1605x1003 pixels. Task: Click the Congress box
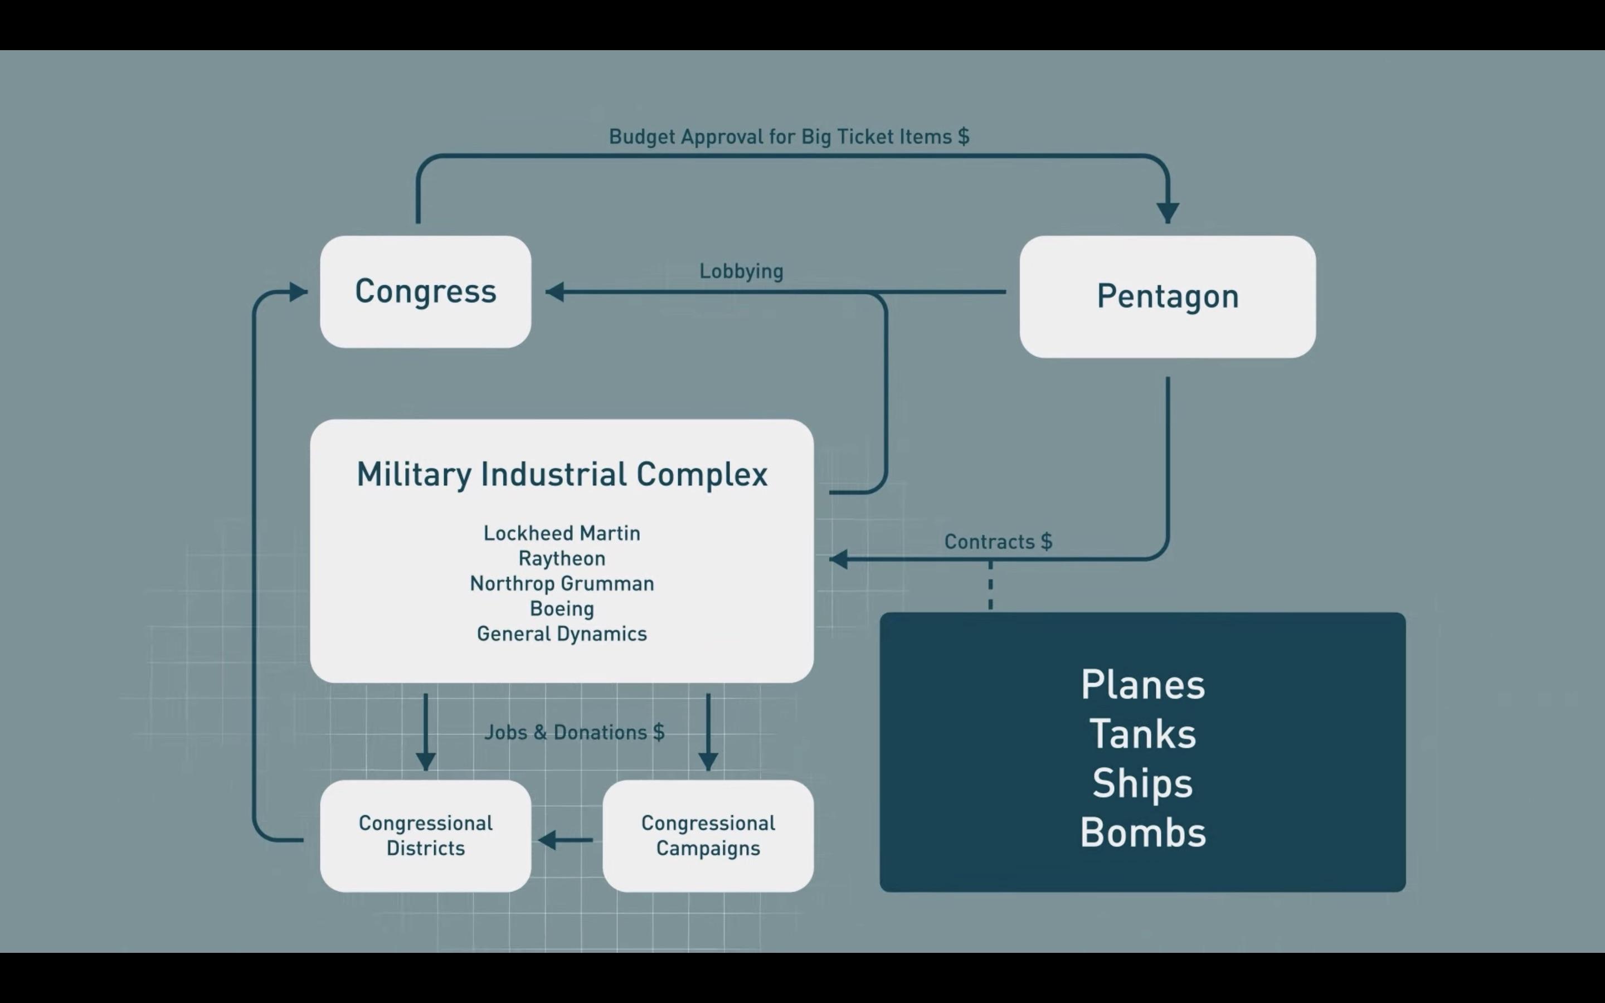point(425,292)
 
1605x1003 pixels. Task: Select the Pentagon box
point(1168,296)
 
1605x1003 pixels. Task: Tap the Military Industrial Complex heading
point(562,475)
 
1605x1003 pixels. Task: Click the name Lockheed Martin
point(562,533)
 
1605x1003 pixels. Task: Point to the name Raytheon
point(562,558)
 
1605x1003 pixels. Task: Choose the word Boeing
point(562,609)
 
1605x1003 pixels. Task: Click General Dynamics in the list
point(562,634)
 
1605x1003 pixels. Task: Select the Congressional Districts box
point(425,836)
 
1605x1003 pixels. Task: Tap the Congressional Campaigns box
point(708,836)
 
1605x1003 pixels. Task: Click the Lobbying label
point(741,271)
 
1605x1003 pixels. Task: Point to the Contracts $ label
point(998,542)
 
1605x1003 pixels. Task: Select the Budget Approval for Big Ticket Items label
point(789,137)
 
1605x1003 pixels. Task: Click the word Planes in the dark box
point(1142,685)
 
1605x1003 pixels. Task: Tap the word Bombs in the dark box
point(1142,833)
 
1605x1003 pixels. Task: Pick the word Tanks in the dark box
point(1142,735)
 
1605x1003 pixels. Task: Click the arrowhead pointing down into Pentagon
point(1168,212)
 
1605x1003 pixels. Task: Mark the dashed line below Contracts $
point(990,585)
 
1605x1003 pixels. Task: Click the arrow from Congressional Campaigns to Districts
point(565,840)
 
